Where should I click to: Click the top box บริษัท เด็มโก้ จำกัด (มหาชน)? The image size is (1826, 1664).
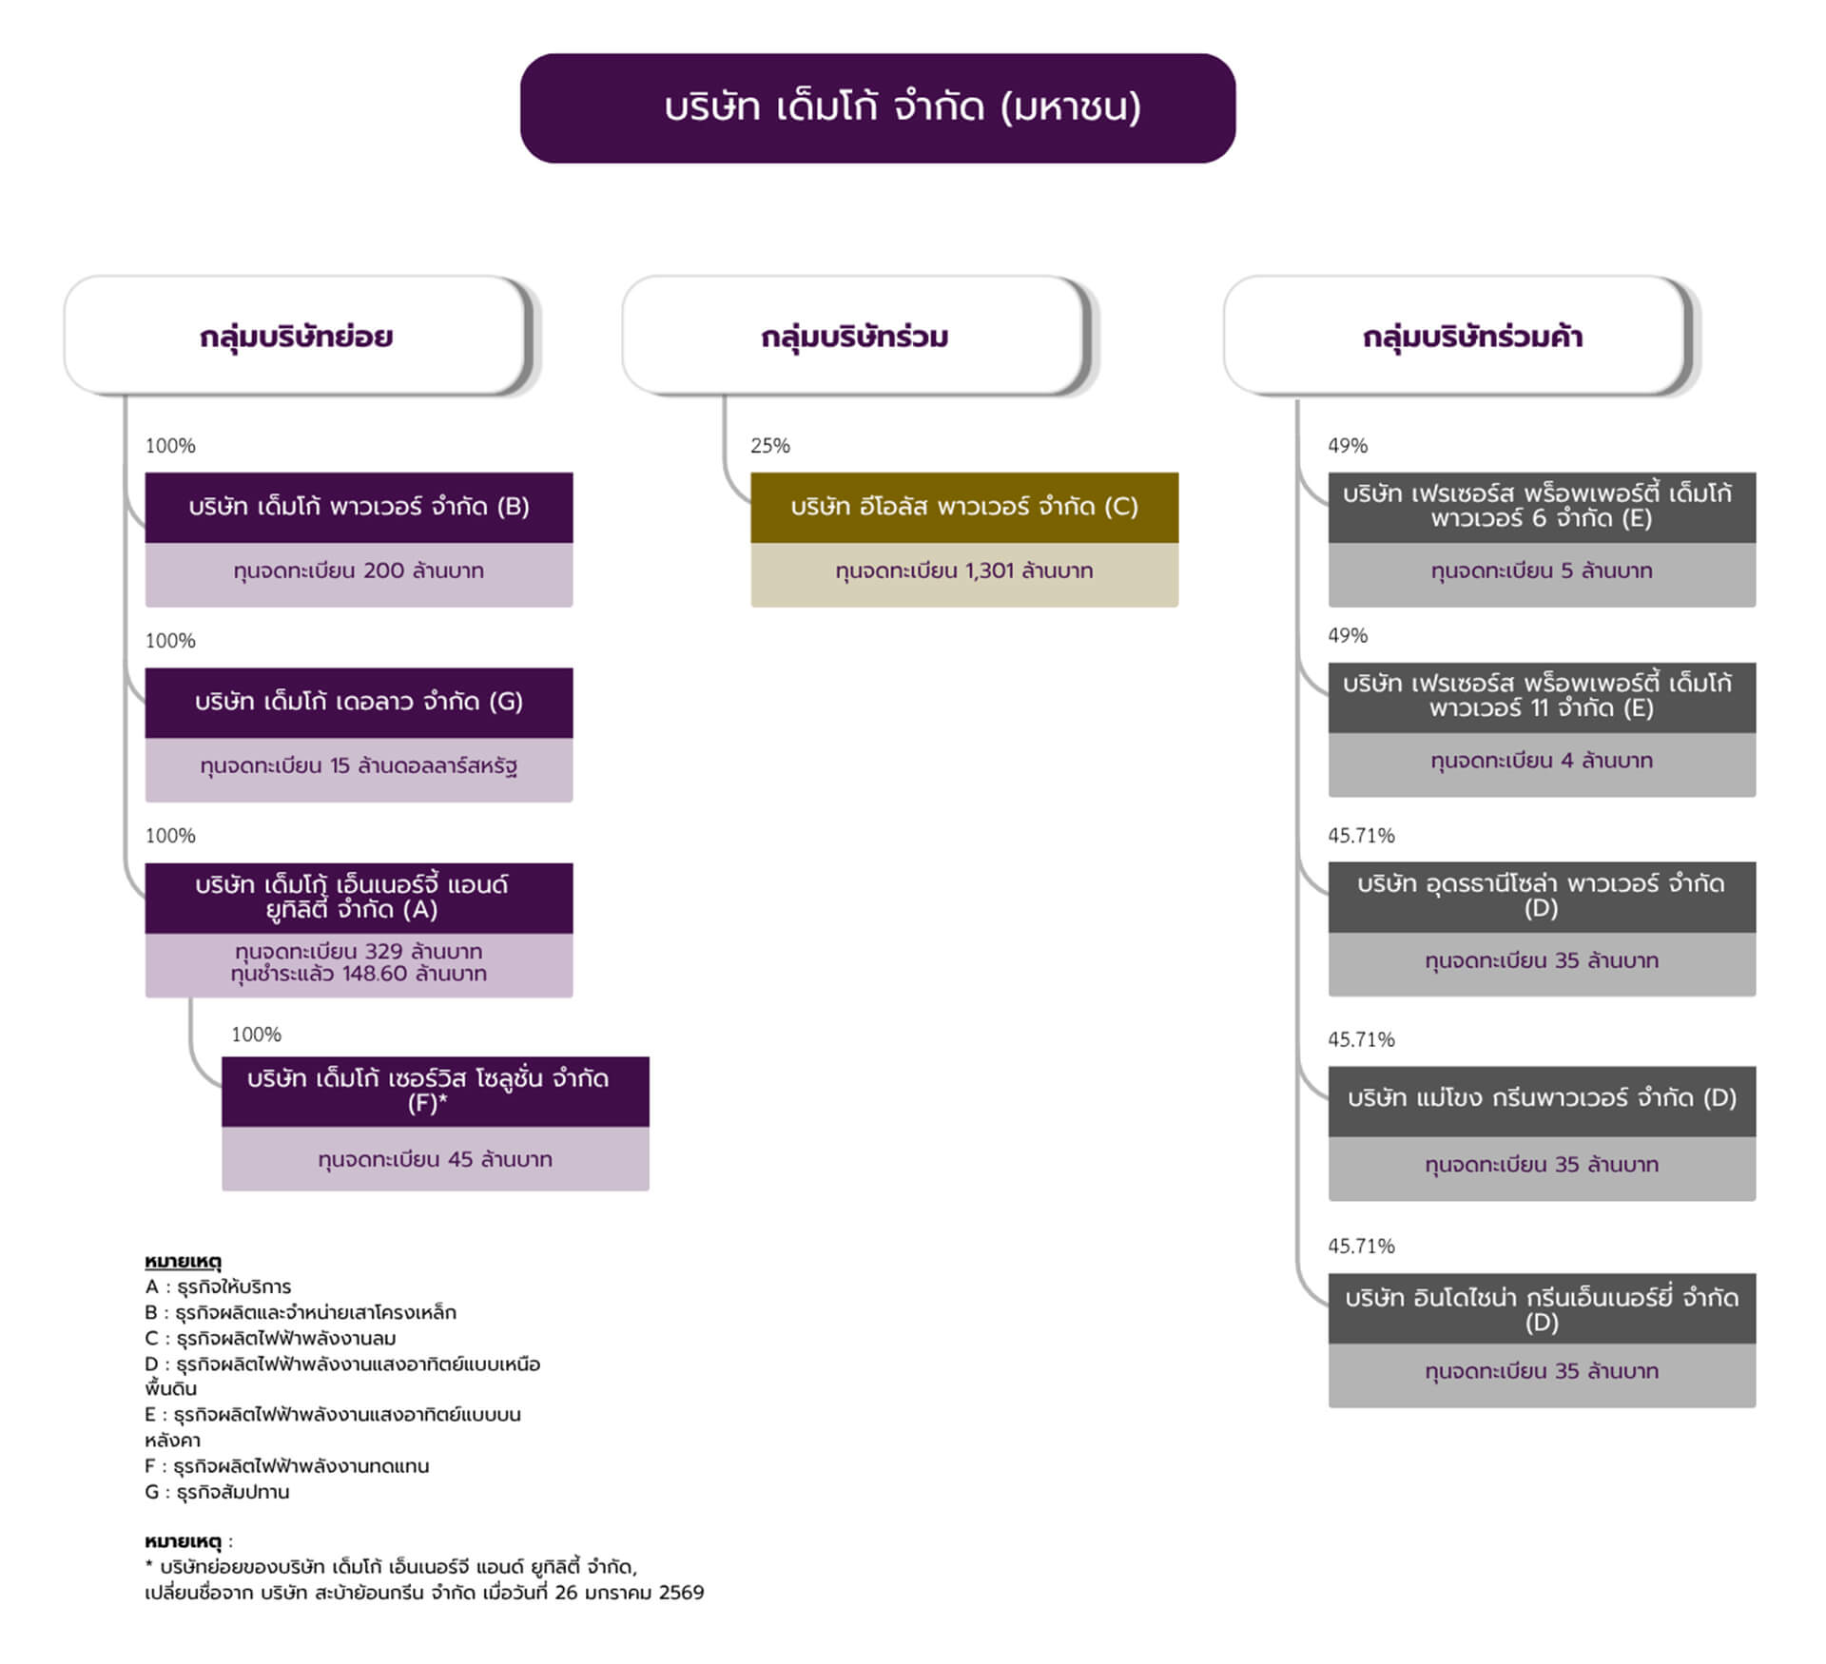[x=877, y=107]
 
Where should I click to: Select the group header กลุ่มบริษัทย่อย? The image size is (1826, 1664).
[x=296, y=337]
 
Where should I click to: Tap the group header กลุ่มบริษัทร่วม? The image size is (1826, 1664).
[x=854, y=337]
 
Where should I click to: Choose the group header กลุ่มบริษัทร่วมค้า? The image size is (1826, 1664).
[x=1471, y=337]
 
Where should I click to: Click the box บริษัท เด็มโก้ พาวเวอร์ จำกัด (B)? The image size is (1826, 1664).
[x=359, y=507]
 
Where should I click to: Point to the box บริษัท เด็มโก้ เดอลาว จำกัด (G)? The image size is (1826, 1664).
[x=359, y=702]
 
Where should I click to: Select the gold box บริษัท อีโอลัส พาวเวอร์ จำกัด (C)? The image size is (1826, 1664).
[x=963, y=507]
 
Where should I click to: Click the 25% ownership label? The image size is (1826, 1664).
[x=770, y=445]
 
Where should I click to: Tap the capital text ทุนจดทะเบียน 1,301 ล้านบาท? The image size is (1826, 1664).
[x=963, y=571]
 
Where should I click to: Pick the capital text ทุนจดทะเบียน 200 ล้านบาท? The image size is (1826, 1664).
[x=359, y=571]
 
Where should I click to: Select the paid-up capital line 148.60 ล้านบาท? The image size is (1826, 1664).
[x=359, y=974]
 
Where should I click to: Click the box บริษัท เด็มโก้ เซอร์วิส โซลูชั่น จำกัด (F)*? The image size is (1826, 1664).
[x=435, y=1091]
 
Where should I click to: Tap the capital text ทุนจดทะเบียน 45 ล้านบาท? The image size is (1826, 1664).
[x=435, y=1159]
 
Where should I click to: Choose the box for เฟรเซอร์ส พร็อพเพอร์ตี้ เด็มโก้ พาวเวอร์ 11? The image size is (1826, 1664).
[x=1541, y=696]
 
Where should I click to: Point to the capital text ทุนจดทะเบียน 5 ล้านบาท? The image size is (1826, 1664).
[x=1541, y=571]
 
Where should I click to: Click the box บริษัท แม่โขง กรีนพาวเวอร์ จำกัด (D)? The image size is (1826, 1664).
[x=1541, y=1099]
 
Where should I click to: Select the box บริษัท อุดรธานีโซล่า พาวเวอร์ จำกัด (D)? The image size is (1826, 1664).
[x=1541, y=896]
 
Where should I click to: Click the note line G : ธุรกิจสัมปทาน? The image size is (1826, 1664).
[x=217, y=1492]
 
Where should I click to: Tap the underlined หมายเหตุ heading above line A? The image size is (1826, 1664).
[x=183, y=1262]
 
